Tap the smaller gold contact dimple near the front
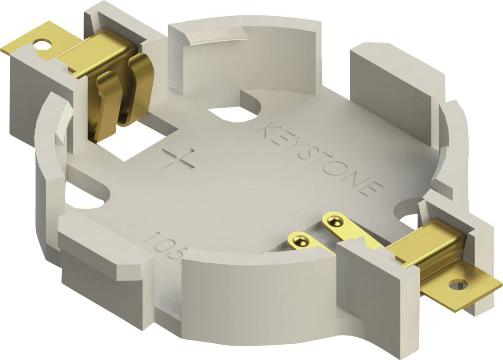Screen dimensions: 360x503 299,239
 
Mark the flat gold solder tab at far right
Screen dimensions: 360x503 470,289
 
